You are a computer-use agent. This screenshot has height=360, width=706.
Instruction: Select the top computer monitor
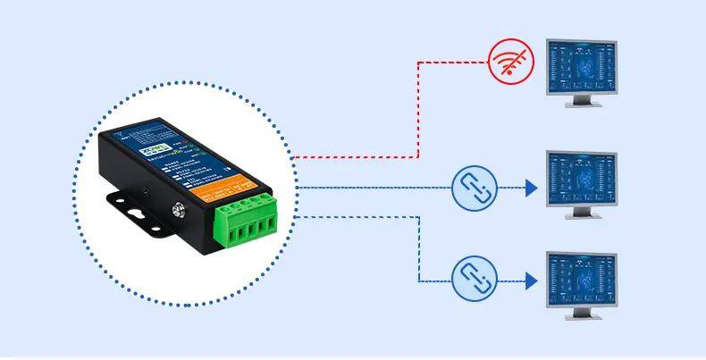(x=583, y=72)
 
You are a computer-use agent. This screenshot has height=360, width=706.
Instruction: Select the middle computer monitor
(x=583, y=185)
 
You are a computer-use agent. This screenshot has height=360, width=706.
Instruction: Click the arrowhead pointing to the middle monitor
(x=531, y=188)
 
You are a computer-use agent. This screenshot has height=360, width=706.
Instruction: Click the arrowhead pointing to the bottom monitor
(x=531, y=280)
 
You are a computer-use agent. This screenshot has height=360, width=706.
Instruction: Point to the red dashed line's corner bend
(x=419, y=62)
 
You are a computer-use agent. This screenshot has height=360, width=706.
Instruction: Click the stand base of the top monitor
(x=583, y=105)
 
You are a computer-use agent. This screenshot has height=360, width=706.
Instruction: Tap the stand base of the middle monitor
(x=583, y=218)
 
